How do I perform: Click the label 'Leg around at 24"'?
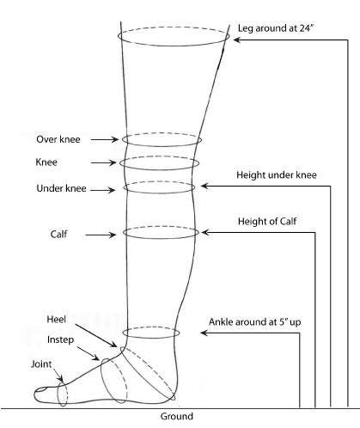point(277,28)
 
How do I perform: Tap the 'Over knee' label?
point(58,139)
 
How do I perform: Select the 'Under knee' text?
point(61,188)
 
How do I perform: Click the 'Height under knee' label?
point(277,175)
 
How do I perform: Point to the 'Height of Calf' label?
point(267,221)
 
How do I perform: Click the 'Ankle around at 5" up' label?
point(254,322)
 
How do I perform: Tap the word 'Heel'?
point(57,320)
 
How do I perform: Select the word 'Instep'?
point(60,339)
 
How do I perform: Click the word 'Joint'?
point(41,364)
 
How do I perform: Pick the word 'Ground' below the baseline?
point(177,416)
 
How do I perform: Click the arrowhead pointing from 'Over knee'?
point(115,139)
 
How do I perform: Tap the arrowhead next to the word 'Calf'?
point(113,235)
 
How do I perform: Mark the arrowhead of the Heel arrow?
point(114,345)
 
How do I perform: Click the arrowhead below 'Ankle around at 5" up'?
point(204,333)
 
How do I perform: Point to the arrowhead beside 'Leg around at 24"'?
point(237,40)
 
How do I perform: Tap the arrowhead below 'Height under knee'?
point(204,186)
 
